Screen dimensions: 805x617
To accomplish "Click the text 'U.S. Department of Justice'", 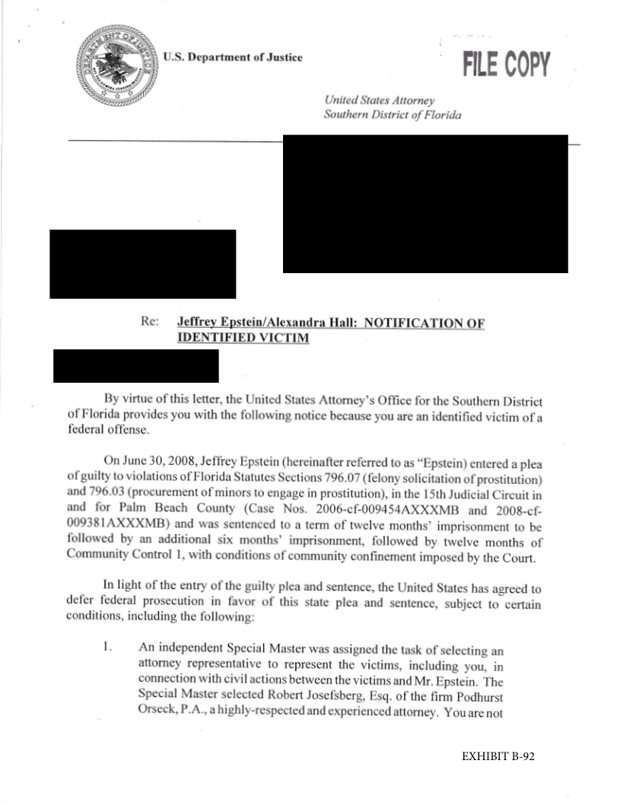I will coord(233,58).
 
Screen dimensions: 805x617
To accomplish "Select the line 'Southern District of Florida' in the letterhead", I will coord(393,115).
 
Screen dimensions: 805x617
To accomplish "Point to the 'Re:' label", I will coord(150,322).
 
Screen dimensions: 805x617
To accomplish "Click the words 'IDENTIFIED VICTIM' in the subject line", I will coord(243,338).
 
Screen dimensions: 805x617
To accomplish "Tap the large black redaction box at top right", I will coord(425,203).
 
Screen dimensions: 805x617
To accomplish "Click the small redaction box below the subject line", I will coord(136,365).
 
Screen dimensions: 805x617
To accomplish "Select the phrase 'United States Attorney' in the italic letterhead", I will coord(379,100).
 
